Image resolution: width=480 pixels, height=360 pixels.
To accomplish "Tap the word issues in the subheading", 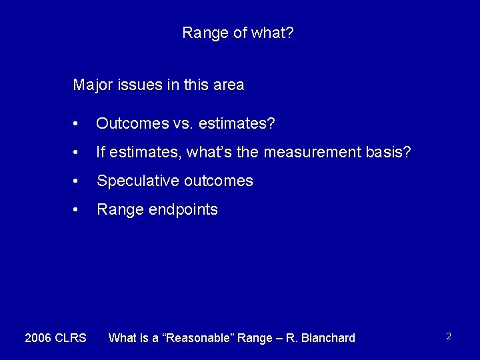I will (135, 85).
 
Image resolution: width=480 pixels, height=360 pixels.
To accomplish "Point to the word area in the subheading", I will (229, 85).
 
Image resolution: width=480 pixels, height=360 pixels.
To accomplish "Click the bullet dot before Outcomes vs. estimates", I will (78, 125).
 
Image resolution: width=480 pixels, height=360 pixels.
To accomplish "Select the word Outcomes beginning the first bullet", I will (127, 124).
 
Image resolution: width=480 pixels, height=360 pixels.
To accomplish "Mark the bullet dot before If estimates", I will (78, 153).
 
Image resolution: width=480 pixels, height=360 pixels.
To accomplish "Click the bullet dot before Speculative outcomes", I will (78, 182).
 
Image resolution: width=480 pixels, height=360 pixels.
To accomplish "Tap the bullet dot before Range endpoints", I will (78, 210).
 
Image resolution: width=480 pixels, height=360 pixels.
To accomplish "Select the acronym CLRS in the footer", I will (71, 338).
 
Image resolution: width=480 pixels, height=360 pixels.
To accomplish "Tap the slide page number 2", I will (449, 337).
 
